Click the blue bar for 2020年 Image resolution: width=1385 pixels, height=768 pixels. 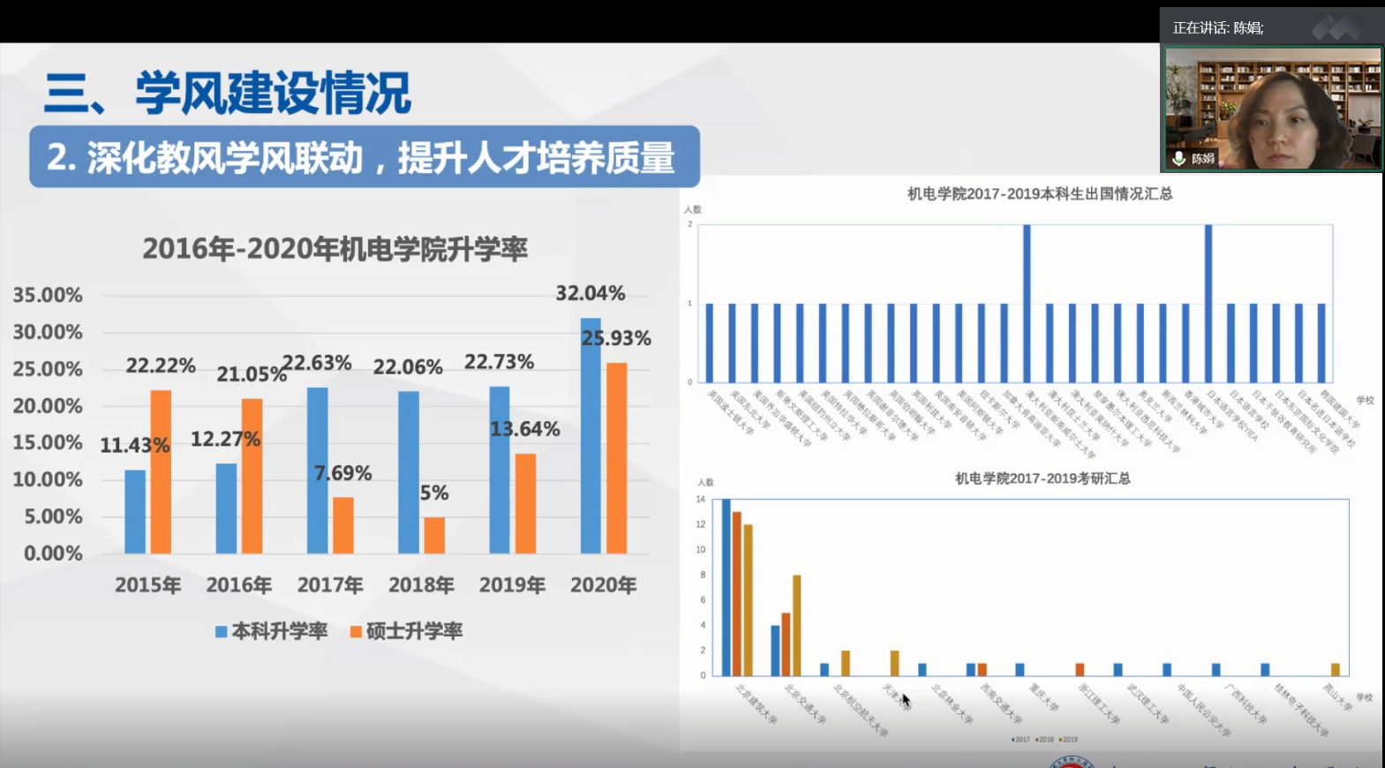(590, 436)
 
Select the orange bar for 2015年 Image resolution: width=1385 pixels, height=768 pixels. (161, 472)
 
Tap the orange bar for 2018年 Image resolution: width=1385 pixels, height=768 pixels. (433, 536)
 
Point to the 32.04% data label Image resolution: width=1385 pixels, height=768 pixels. (590, 293)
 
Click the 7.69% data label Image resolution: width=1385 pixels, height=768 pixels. (343, 473)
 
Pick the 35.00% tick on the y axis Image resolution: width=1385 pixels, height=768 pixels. (48, 295)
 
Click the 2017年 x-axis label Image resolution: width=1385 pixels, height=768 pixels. (330, 584)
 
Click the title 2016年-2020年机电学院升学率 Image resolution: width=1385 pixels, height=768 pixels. (335, 249)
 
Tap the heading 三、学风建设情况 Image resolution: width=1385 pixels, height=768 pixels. (228, 93)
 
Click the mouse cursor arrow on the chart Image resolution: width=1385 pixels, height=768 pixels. (906, 701)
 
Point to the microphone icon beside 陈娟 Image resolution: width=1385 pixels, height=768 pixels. (1178, 159)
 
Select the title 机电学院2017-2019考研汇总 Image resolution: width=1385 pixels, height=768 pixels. (1043, 478)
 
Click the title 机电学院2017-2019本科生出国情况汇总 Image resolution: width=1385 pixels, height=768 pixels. (1040, 194)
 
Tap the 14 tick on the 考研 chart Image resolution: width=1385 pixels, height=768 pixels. (701, 500)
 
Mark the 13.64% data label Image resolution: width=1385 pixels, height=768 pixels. (525, 429)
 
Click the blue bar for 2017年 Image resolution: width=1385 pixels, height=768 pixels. (317, 471)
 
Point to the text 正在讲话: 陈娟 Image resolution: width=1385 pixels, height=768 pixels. (1217, 28)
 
